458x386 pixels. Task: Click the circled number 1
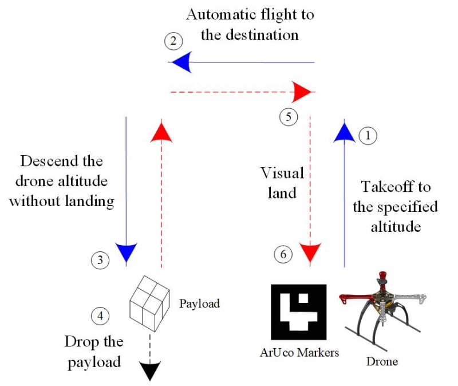[x=368, y=135]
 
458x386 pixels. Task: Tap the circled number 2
[x=173, y=41]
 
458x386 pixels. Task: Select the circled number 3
[x=100, y=261]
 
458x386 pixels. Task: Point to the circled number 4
[x=100, y=315]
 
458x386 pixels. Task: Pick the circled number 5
[x=289, y=117]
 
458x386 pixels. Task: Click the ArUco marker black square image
[x=298, y=313]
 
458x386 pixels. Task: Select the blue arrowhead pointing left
[x=180, y=62]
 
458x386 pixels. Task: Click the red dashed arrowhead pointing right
[x=302, y=91]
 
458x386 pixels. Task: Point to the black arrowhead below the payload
[x=149, y=372]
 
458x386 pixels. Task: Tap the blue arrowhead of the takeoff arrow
[x=344, y=131]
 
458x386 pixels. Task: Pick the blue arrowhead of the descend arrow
[x=126, y=252]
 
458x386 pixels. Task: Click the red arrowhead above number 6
[x=310, y=252]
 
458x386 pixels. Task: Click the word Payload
[x=199, y=304]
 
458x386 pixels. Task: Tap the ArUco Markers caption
[x=299, y=352]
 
